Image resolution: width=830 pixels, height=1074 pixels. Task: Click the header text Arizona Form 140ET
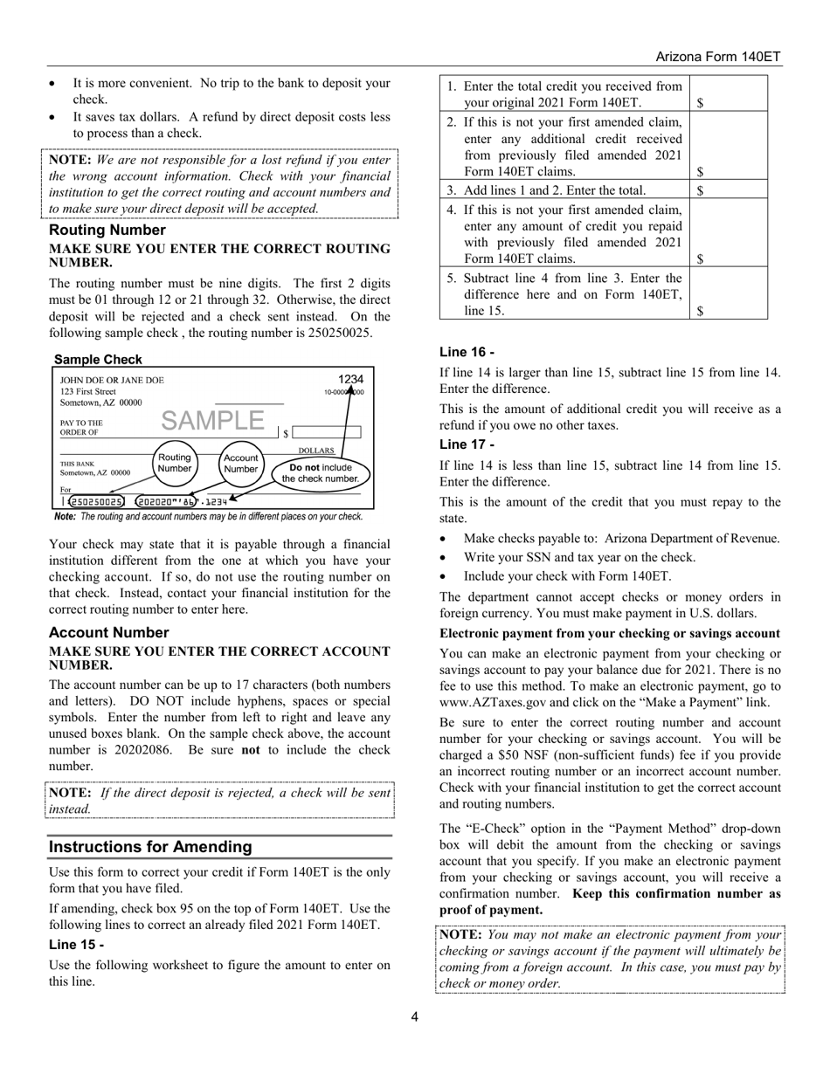pyautogui.click(x=718, y=56)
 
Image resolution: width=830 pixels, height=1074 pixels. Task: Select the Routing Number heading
pyautogui.click(x=107, y=230)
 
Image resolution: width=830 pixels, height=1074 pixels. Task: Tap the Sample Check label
pyautogui.click(x=98, y=359)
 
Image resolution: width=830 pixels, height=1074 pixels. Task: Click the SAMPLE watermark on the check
pyautogui.click(x=212, y=420)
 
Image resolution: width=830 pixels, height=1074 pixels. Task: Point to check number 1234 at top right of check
pyautogui.click(x=350, y=379)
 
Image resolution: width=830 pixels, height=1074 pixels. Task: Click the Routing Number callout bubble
pyautogui.click(x=174, y=463)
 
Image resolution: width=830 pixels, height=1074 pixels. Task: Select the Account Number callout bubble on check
pyautogui.click(x=240, y=463)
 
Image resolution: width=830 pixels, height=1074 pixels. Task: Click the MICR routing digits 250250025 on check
pyautogui.click(x=96, y=501)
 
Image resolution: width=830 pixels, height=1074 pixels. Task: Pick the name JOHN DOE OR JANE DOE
pyautogui.click(x=111, y=381)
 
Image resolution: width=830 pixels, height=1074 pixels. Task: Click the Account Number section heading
pyautogui.click(x=108, y=632)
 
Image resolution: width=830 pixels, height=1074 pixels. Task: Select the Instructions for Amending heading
pyautogui.click(x=150, y=846)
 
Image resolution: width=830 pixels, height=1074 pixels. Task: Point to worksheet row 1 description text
pyautogui.click(x=564, y=94)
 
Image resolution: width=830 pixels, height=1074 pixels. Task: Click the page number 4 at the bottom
pyautogui.click(x=415, y=1015)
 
